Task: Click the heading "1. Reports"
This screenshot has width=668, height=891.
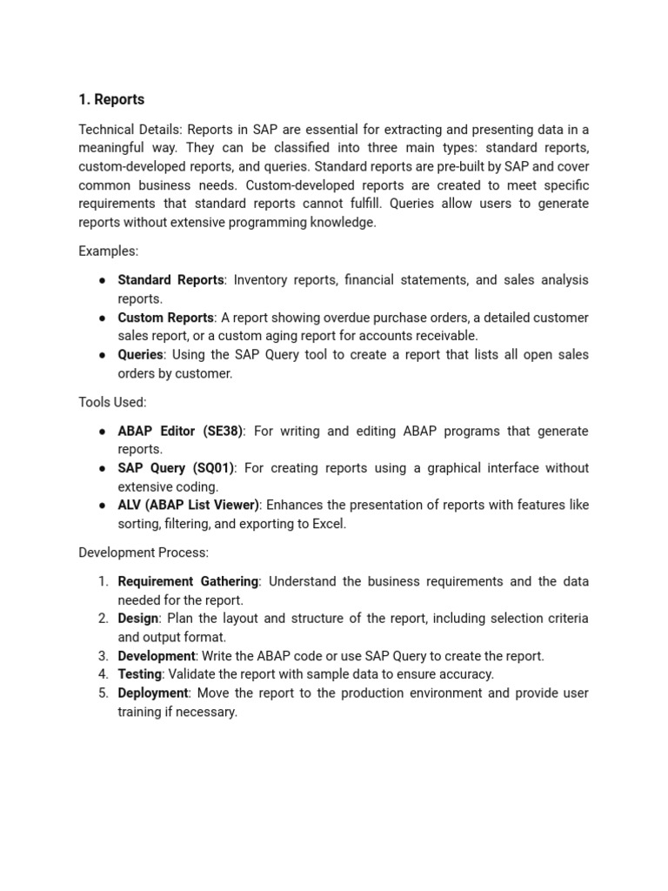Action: tap(111, 99)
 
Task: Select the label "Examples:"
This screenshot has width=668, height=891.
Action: tap(108, 251)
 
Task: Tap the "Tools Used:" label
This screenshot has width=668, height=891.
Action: tap(112, 402)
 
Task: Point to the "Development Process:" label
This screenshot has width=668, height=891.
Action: tap(144, 553)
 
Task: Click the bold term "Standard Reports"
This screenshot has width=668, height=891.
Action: tap(170, 280)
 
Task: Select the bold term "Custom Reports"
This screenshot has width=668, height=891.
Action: tap(165, 318)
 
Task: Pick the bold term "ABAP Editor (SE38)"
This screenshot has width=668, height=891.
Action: tap(181, 431)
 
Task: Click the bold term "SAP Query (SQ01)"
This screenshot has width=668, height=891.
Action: tap(176, 468)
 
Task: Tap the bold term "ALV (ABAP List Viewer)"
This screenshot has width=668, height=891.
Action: tap(189, 505)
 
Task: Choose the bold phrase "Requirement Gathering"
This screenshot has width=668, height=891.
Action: tap(188, 581)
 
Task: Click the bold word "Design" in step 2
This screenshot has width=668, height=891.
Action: tap(138, 619)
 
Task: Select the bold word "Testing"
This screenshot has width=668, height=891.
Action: tap(140, 674)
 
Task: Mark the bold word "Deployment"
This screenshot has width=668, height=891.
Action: tap(153, 693)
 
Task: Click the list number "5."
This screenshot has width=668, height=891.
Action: tap(103, 693)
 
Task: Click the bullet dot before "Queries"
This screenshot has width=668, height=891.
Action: tap(102, 355)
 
